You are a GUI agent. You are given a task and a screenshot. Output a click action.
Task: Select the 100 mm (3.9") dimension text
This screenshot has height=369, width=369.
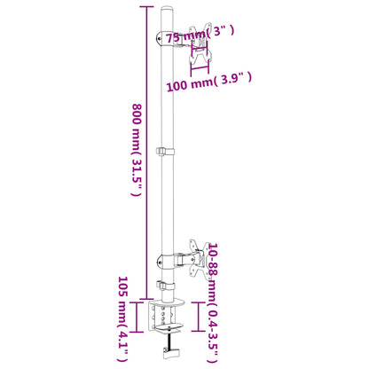click(x=209, y=82)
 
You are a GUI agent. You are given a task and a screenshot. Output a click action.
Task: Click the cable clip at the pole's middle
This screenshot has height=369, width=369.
click(x=163, y=153)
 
